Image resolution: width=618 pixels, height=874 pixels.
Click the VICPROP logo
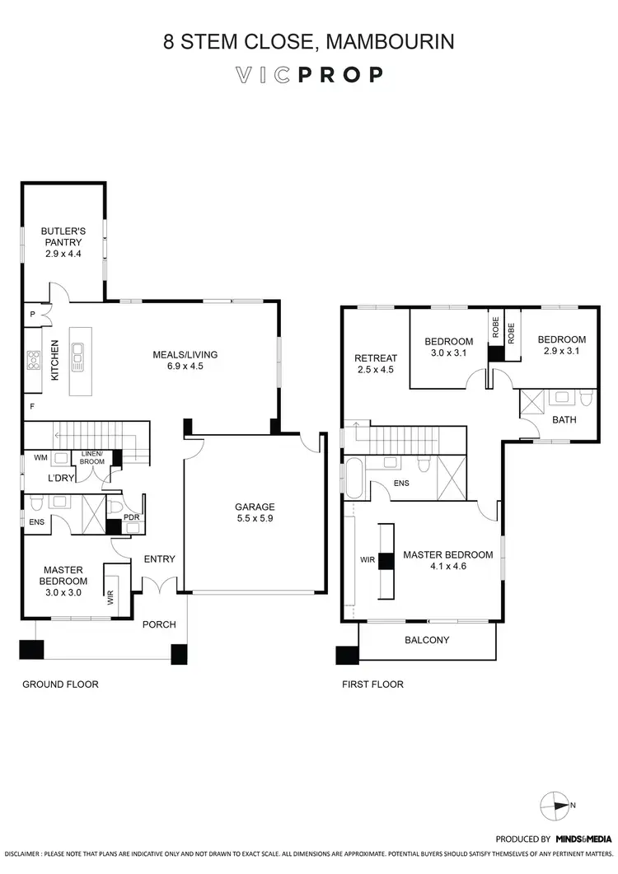309,75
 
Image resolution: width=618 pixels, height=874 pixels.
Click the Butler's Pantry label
63,243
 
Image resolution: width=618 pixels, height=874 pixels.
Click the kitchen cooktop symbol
34,359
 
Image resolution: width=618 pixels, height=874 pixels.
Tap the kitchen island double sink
80,358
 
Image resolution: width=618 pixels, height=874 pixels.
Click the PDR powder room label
130,517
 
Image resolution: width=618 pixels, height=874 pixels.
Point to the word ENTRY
159,559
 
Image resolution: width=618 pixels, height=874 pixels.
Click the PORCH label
159,624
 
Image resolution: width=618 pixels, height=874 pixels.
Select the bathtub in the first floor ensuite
355,478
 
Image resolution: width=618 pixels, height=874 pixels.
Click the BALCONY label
427,639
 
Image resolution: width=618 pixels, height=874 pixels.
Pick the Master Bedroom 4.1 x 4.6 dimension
447,567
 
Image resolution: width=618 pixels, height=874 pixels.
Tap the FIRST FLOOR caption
372,685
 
